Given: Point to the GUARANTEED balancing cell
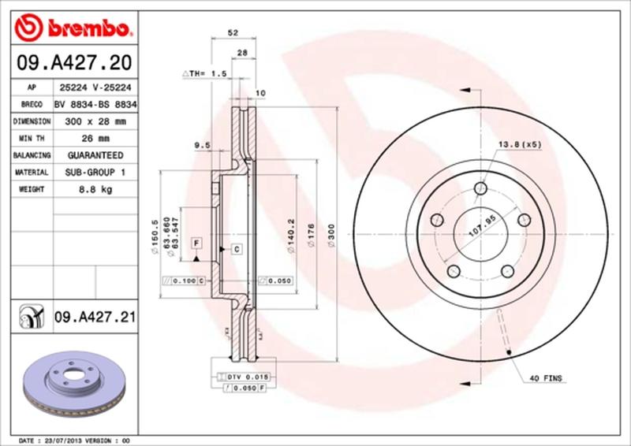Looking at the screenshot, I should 95,155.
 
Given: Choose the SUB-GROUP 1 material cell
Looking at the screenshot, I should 95,173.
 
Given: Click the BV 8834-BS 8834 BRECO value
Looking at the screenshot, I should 95,105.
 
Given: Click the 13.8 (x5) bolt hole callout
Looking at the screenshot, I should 519,144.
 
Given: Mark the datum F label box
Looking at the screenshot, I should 195,242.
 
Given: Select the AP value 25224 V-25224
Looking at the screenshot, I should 95,88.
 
